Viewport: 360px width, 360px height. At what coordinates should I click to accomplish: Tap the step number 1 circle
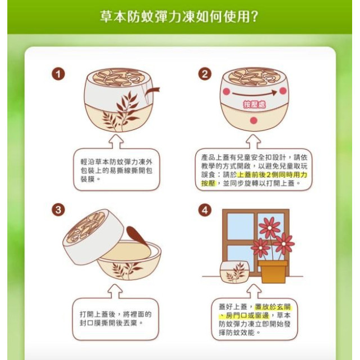point(58,74)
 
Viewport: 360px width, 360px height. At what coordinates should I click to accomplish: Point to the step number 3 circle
point(58,210)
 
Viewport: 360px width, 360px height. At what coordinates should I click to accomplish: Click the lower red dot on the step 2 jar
point(253,120)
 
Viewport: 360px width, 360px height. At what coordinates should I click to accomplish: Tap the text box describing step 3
point(116,318)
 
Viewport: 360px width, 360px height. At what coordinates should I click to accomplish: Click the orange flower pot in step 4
point(272,271)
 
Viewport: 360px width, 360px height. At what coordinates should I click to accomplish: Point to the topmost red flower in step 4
point(269,227)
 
